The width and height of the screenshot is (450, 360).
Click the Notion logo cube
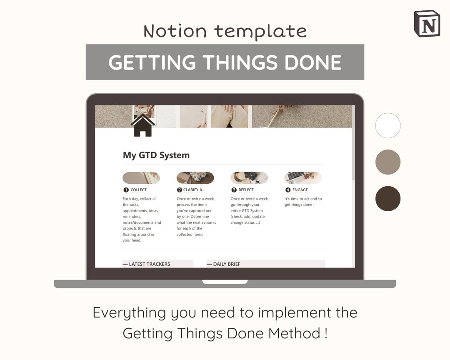pos(427,24)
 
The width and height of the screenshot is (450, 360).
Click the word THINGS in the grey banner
pos(240,62)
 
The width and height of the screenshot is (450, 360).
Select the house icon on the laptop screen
pos(142,125)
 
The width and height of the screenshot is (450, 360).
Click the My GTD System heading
pos(156,155)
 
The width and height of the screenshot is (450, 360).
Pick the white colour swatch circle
pos(388,125)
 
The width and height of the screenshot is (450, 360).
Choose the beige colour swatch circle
pos(388,162)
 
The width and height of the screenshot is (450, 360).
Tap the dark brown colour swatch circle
pos(388,199)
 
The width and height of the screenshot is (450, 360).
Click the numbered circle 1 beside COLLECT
pos(126,190)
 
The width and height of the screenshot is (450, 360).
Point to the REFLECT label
pos(246,190)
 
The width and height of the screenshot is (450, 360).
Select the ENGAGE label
pos(300,190)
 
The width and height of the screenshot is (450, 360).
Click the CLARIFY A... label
pos(194,190)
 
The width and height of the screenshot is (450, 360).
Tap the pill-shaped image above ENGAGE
pos(303,177)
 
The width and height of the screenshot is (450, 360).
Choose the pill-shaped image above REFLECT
pos(249,177)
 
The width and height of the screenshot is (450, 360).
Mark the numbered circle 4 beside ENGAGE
pos(288,190)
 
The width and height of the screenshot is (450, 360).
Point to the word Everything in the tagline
pos(130,313)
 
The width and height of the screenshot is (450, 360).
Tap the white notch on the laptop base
pos(225,282)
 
